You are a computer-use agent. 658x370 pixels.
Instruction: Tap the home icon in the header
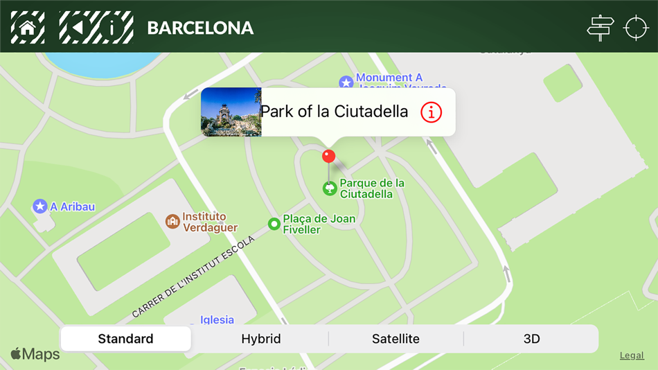[x=28, y=28]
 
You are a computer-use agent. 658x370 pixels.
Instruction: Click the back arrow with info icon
[x=96, y=28]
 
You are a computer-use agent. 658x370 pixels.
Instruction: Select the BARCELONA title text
[x=200, y=28]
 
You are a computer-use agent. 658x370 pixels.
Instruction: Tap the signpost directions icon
[x=600, y=28]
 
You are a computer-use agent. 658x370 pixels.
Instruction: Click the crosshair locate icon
[x=636, y=28]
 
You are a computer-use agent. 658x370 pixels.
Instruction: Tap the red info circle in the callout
[x=431, y=112]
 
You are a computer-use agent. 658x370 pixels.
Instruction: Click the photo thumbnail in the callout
[x=231, y=112]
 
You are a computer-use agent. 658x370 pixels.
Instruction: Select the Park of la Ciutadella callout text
[x=334, y=112]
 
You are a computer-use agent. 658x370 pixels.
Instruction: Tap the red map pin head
[x=329, y=156]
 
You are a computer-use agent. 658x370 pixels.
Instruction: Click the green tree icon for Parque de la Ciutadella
[x=330, y=188]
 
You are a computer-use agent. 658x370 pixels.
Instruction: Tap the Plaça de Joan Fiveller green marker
[x=274, y=224]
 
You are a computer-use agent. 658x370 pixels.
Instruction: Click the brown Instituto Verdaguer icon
[x=172, y=222]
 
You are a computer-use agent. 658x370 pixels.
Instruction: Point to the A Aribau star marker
[x=40, y=206]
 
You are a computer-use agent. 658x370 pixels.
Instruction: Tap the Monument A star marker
[x=346, y=83]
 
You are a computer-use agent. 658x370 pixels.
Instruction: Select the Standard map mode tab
[x=125, y=339]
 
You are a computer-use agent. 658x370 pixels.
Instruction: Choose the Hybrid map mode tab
[x=261, y=339]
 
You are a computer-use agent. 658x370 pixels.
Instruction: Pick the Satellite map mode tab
[x=395, y=339]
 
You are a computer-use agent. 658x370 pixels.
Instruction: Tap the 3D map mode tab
[x=531, y=339]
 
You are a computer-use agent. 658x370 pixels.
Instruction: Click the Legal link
[x=632, y=355]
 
